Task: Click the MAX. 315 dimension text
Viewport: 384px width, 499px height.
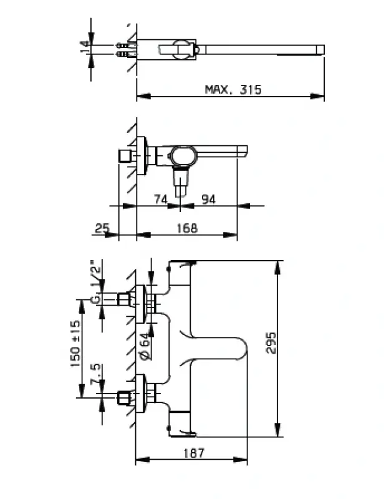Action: pos(233,89)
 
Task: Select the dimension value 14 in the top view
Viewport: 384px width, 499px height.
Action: pos(84,48)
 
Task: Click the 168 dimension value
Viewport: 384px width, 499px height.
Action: pos(186,228)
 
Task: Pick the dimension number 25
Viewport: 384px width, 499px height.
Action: pos(102,228)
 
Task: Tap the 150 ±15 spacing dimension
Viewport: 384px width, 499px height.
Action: pos(75,344)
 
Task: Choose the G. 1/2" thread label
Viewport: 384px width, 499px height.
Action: pos(95,281)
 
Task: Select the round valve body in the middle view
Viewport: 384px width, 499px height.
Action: pos(183,156)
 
